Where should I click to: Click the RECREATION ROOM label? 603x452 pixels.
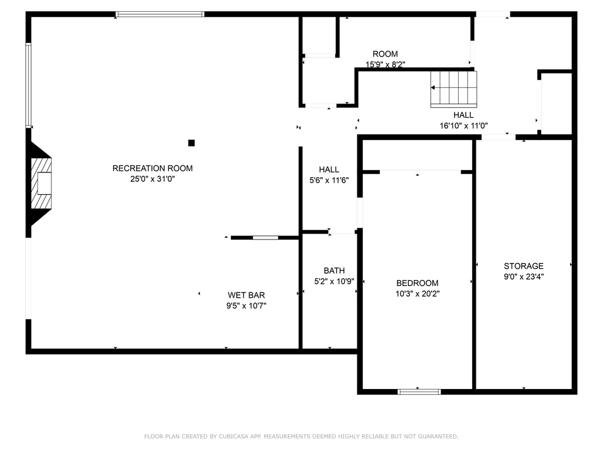tap(153, 168)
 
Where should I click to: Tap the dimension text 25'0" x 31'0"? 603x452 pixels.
tap(153, 179)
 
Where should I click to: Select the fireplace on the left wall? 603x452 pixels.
tap(41, 182)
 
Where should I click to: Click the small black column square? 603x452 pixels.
tap(191, 142)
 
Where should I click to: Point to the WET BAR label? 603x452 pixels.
tap(246, 295)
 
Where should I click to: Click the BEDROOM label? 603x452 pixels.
tap(417, 282)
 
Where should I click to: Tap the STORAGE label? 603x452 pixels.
tap(524, 266)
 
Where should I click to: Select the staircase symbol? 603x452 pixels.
tap(453, 88)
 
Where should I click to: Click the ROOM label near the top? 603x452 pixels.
tap(385, 54)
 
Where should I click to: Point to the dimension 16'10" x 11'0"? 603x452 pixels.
tap(463, 125)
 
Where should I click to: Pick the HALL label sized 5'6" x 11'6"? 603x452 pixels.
tap(329, 169)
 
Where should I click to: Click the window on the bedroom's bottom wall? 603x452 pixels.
tap(419, 391)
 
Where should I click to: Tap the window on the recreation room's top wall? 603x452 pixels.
tap(160, 14)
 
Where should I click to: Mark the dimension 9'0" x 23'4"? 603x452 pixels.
tap(524, 276)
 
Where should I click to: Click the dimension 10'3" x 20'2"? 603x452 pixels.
tap(417, 293)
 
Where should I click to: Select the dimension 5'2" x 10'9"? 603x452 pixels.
tap(334, 281)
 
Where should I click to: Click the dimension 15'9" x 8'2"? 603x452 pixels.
tap(385, 65)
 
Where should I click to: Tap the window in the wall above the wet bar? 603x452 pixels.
tap(266, 237)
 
